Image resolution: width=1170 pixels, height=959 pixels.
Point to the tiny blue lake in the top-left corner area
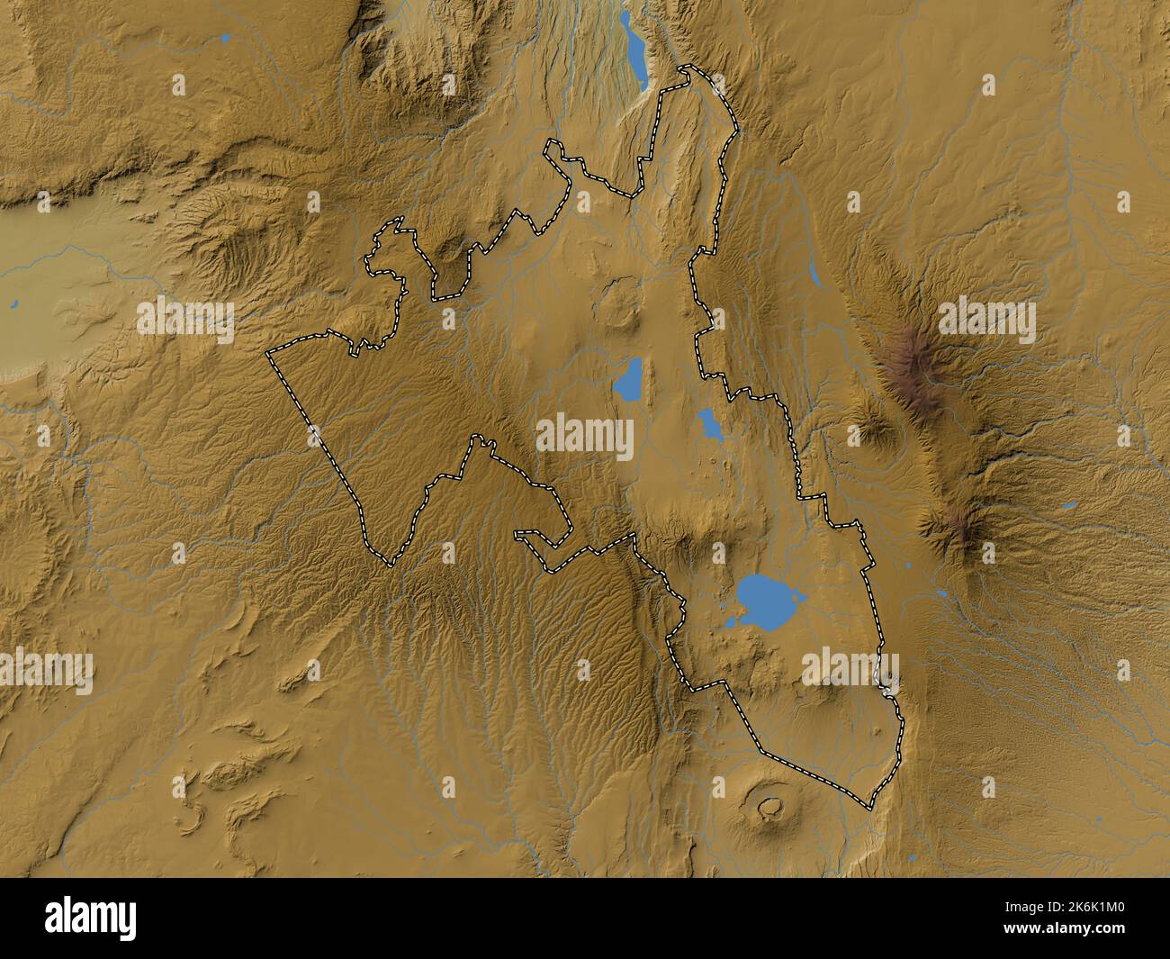225,39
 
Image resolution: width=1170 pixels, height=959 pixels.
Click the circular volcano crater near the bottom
769,807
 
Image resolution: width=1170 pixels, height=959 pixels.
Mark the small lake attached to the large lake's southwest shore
731,622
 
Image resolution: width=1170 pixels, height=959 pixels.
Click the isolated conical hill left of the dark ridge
871,430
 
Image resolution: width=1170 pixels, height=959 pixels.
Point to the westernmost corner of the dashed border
267,356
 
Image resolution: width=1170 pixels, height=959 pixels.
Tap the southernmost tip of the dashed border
870,808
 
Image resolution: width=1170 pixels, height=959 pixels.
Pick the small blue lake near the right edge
1069,505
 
